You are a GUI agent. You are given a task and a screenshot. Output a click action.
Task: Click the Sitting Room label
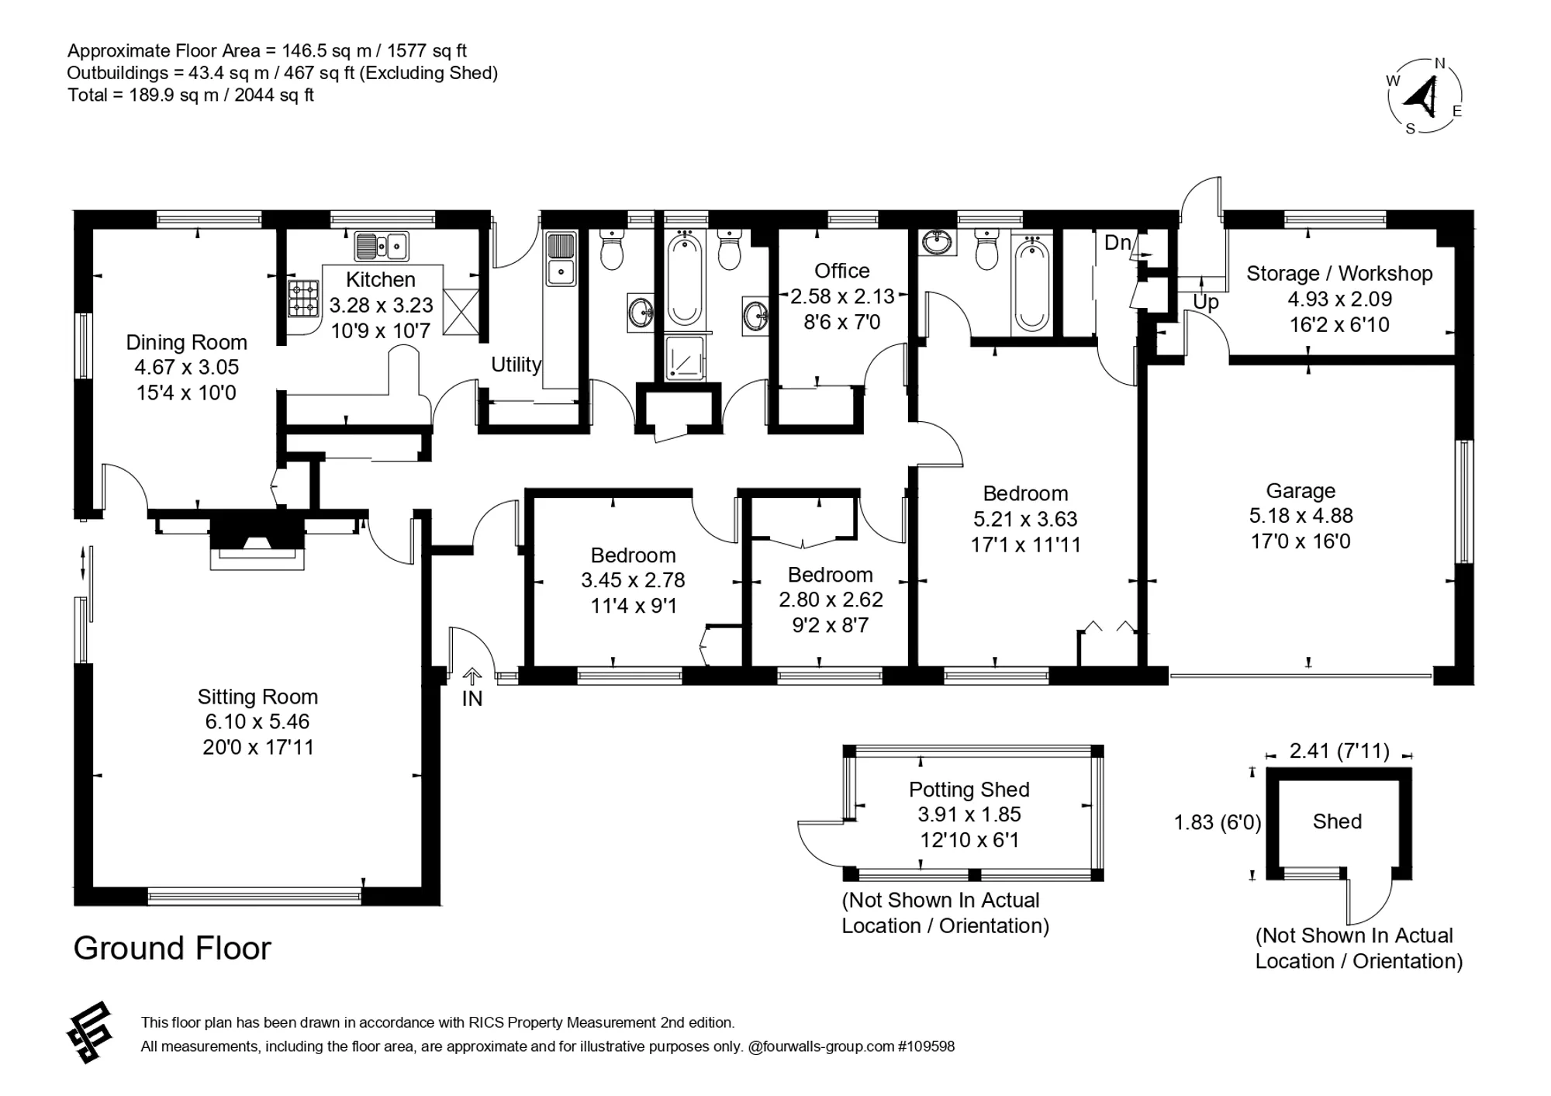click(257, 697)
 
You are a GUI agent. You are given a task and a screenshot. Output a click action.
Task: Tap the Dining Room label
click(187, 342)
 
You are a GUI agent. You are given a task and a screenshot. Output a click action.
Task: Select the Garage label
click(1301, 491)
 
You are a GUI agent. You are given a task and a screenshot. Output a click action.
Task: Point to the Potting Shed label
click(969, 790)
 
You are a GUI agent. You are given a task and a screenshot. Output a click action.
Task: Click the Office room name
click(842, 271)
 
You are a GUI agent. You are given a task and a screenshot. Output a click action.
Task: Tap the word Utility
click(516, 365)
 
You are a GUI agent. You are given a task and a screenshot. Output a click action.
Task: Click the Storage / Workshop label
click(1339, 274)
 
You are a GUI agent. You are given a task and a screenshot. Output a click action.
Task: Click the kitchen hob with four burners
click(304, 299)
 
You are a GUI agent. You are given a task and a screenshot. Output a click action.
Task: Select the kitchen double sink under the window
click(382, 247)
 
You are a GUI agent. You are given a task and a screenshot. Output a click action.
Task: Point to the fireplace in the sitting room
click(257, 541)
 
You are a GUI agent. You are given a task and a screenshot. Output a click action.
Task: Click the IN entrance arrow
click(472, 676)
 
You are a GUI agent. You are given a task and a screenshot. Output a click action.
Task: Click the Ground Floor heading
click(172, 949)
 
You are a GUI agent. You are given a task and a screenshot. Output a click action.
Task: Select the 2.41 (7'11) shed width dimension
click(1339, 751)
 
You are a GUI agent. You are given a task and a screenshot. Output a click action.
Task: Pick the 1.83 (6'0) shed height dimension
click(1218, 822)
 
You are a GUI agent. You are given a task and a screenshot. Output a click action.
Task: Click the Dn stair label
click(1117, 243)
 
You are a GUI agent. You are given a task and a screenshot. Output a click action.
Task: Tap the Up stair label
click(1206, 303)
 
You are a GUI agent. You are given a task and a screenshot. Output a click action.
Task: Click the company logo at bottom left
click(90, 1032)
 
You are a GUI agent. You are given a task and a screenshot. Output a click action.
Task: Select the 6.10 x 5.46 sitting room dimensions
click(257, 721)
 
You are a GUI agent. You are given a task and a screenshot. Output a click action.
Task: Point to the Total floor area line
click(191, 95)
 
